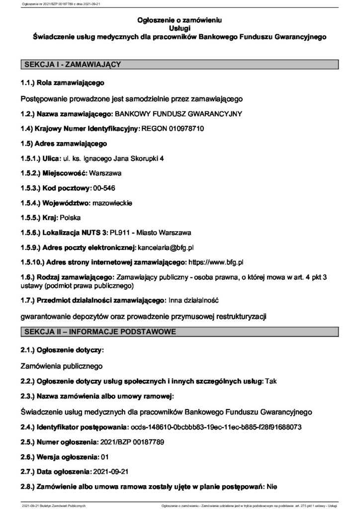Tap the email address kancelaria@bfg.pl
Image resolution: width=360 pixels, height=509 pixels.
click(x=165, y=247)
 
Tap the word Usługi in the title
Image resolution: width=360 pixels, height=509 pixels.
click(x=180, y=28)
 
